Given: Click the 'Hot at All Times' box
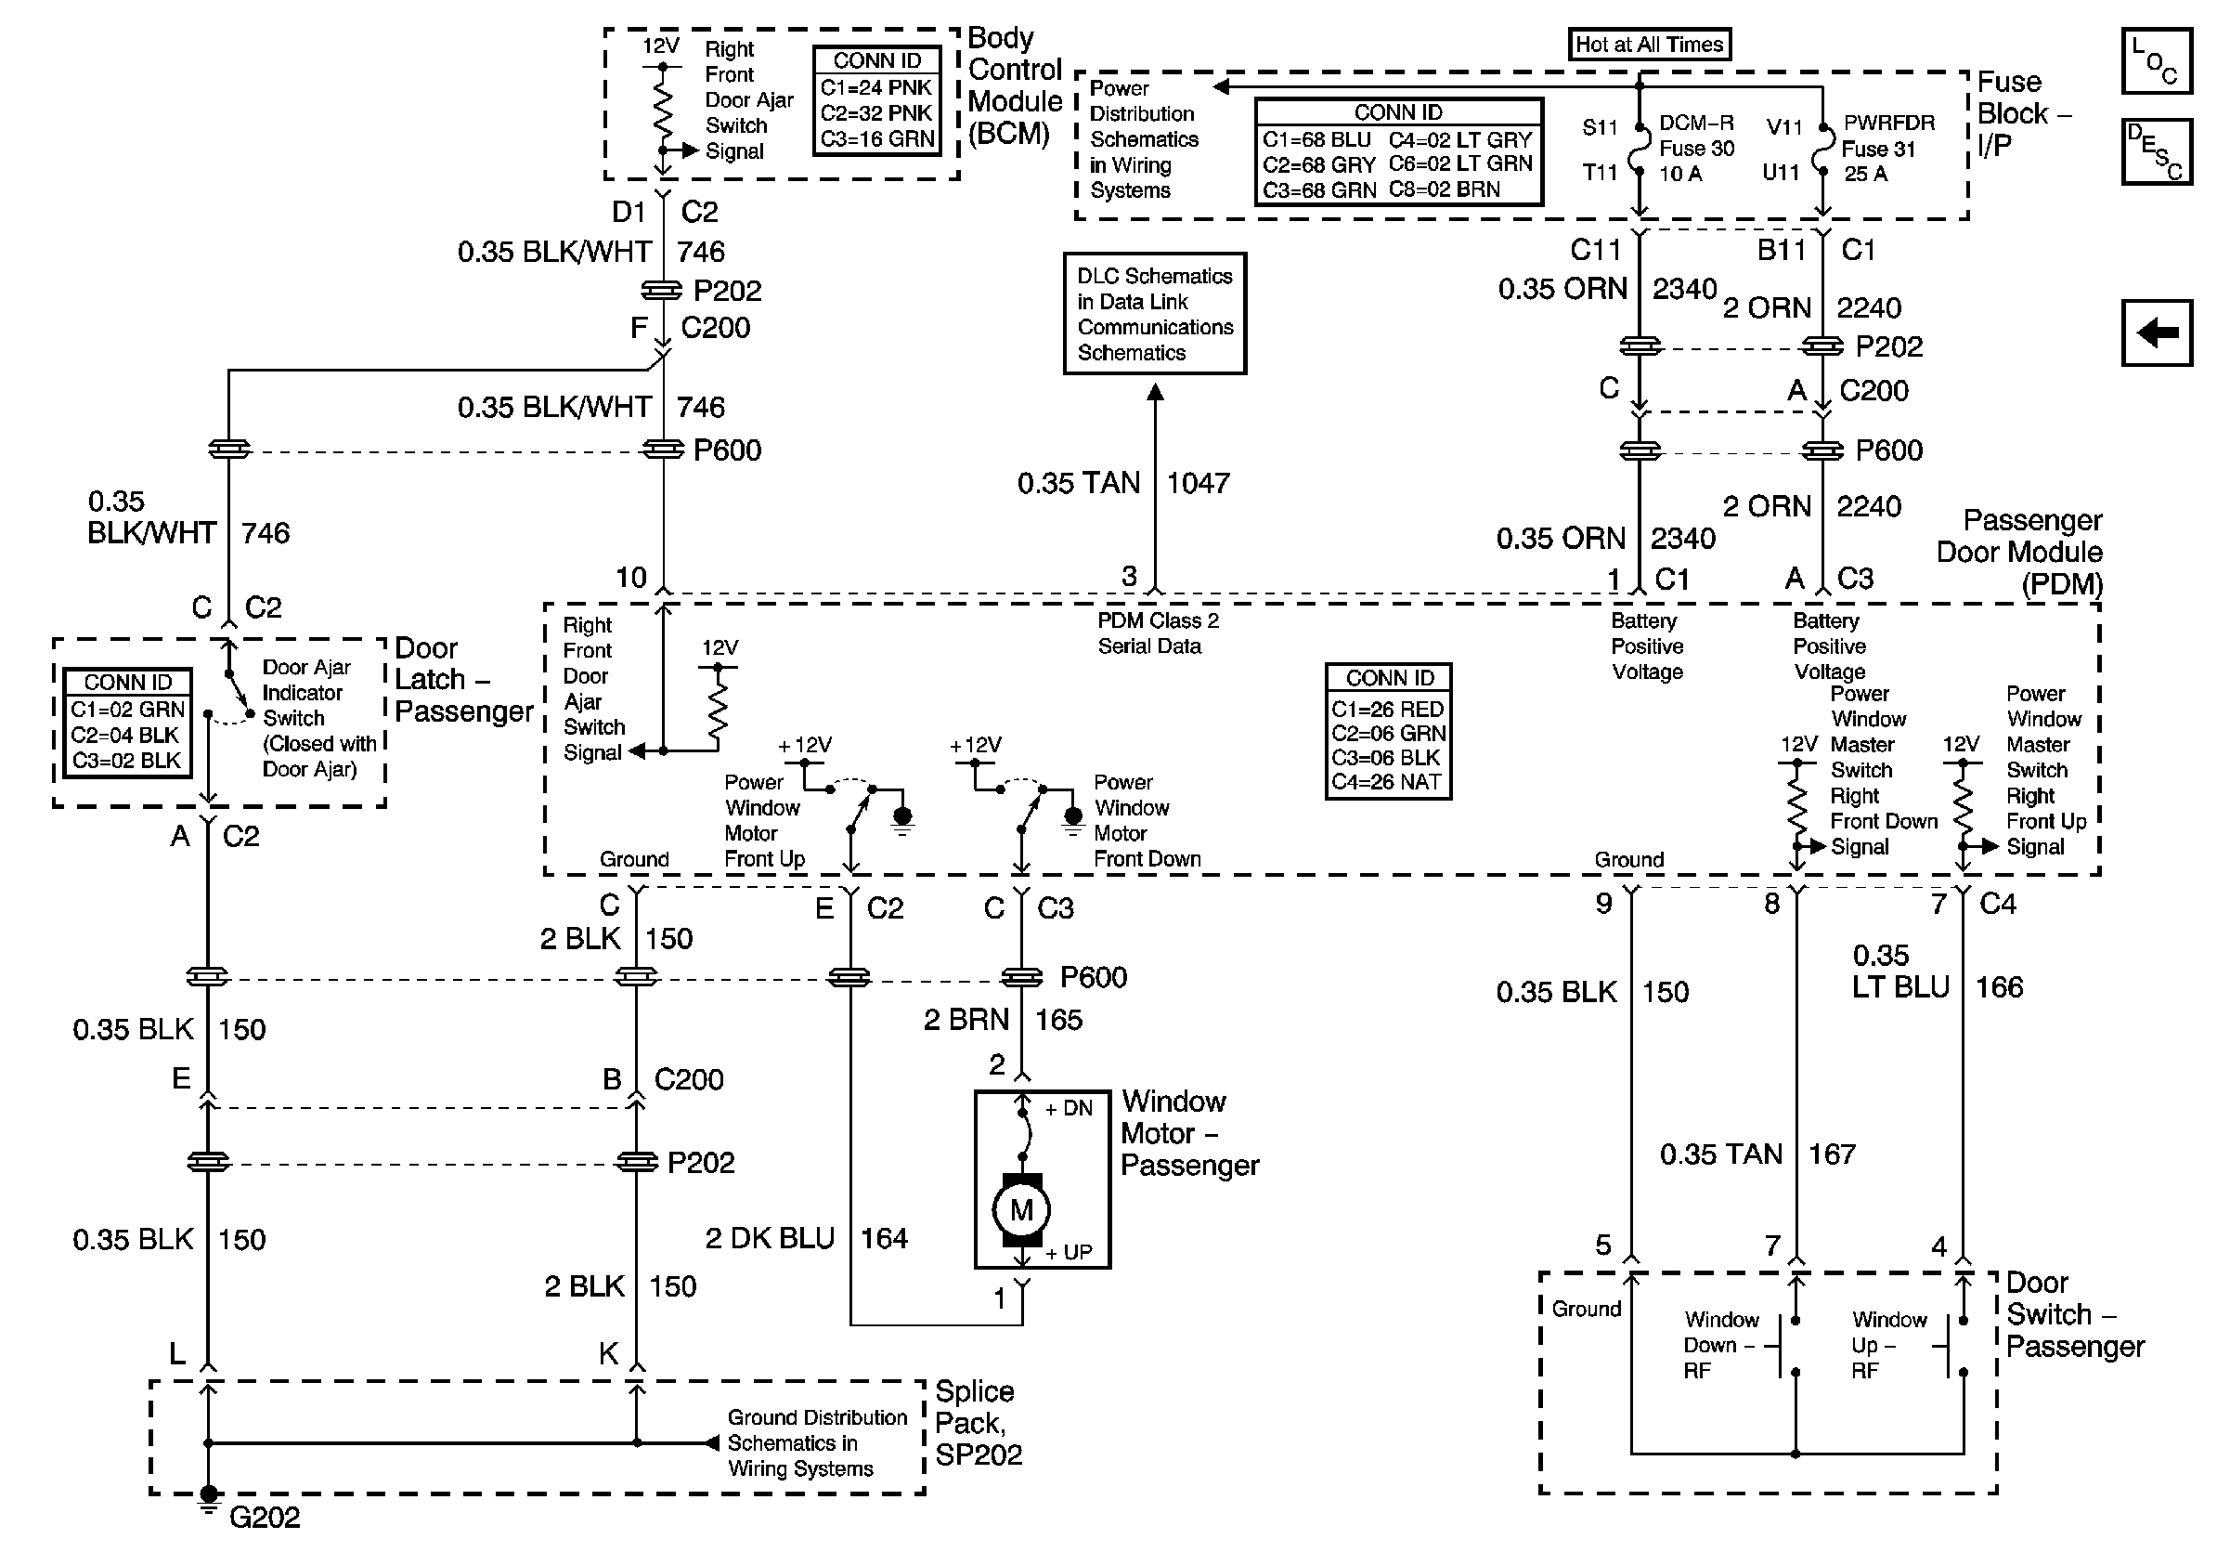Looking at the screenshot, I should tap(1648, 45).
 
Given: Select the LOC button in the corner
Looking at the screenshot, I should tap(2155, 60).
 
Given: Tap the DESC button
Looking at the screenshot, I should tap(2155, 151).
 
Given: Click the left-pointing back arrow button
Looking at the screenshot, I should tap(2156, 333).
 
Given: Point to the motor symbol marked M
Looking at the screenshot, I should tap(1021, 1209).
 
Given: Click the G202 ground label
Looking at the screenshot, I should tap(265, 1518).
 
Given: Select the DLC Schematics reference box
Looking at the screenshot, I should tap(1154, 314).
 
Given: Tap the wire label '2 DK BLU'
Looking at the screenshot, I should tap(770, 1239).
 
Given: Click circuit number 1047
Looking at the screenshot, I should tap(1198, 483).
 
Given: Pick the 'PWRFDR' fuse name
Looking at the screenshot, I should tap(1889, 124).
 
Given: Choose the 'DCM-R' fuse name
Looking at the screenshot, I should tap(1696, 124).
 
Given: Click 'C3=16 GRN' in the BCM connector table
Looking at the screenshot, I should tap(877, 139).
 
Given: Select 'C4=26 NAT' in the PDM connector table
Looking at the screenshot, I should tap(1387, 782).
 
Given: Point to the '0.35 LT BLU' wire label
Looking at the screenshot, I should tap(1899, 972).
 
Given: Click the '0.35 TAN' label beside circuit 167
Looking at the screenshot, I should tap(1720, 1154).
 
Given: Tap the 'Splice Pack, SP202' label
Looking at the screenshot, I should tap(978, 1423).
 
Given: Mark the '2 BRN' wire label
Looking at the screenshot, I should tap(966, 1020).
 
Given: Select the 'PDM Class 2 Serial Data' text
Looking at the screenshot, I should tap(1158, 633).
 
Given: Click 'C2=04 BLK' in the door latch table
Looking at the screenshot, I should tap(125, 736).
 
